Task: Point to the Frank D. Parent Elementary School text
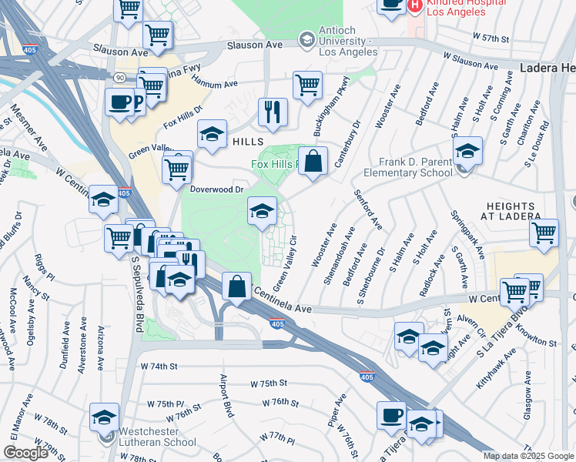(x=415, y=167)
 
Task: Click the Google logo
(x=25, y=452)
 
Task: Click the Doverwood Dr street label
(x=216, y=188)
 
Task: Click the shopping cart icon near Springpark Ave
(x=544, y=233)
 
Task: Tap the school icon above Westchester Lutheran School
(x=104, y=417)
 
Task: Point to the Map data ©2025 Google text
(x=528, y=455)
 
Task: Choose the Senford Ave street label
(x=368, y=209)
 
